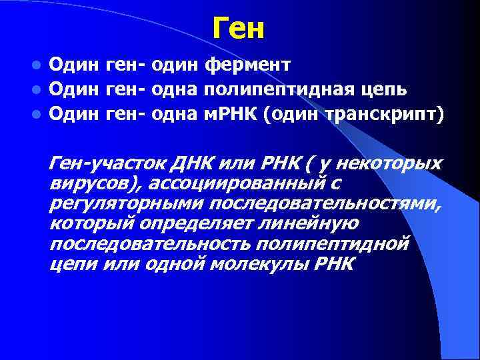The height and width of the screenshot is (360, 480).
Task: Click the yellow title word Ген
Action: (239, 29)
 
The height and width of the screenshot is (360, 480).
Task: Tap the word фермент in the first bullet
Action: (248, 65)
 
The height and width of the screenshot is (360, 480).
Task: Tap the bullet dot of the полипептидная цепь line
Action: (38, 89)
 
